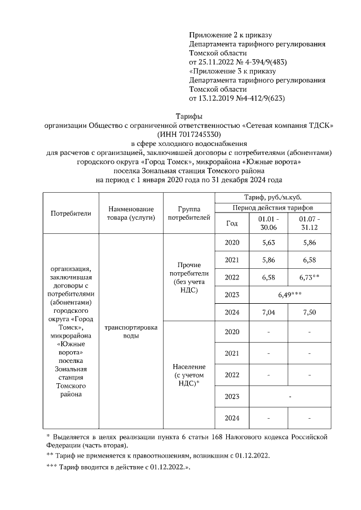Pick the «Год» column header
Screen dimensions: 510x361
coord(232,223)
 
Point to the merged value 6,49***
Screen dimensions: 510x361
coord(289,295)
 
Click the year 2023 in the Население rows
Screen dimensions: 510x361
coord(232,397)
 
